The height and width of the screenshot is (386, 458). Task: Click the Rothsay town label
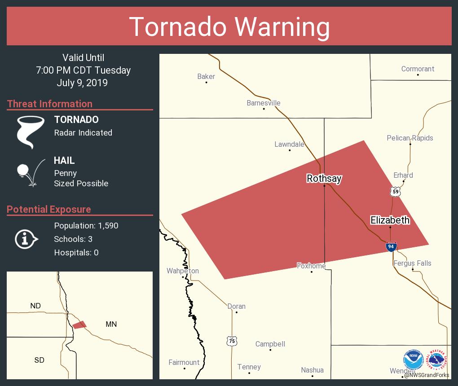[x=324, y=179]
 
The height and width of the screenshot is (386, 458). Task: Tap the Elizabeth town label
[x=390, y=220]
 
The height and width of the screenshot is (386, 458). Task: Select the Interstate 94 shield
[x=391, y=246]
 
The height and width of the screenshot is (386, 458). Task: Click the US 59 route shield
[x=395, y=192]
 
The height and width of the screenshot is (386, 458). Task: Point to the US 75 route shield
[x=232, y=341]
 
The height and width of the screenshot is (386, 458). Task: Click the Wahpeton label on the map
[x=183, y=271]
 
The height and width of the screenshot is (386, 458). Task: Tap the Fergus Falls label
[x=412, y=263]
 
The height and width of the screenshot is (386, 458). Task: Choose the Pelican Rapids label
[x=410, y=138]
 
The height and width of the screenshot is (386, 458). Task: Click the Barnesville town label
[x=264, y=103]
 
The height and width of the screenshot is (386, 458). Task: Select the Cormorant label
[x=418, y=69]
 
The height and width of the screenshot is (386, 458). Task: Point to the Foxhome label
[x=311, y=266]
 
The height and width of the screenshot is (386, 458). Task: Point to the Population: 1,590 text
[x=86, y=225]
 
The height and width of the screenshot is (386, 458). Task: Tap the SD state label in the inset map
[x=39, y=360]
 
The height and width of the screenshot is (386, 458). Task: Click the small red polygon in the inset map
[x=79, y=325]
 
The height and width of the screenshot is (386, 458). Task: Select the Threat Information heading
[x=50, y=104]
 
